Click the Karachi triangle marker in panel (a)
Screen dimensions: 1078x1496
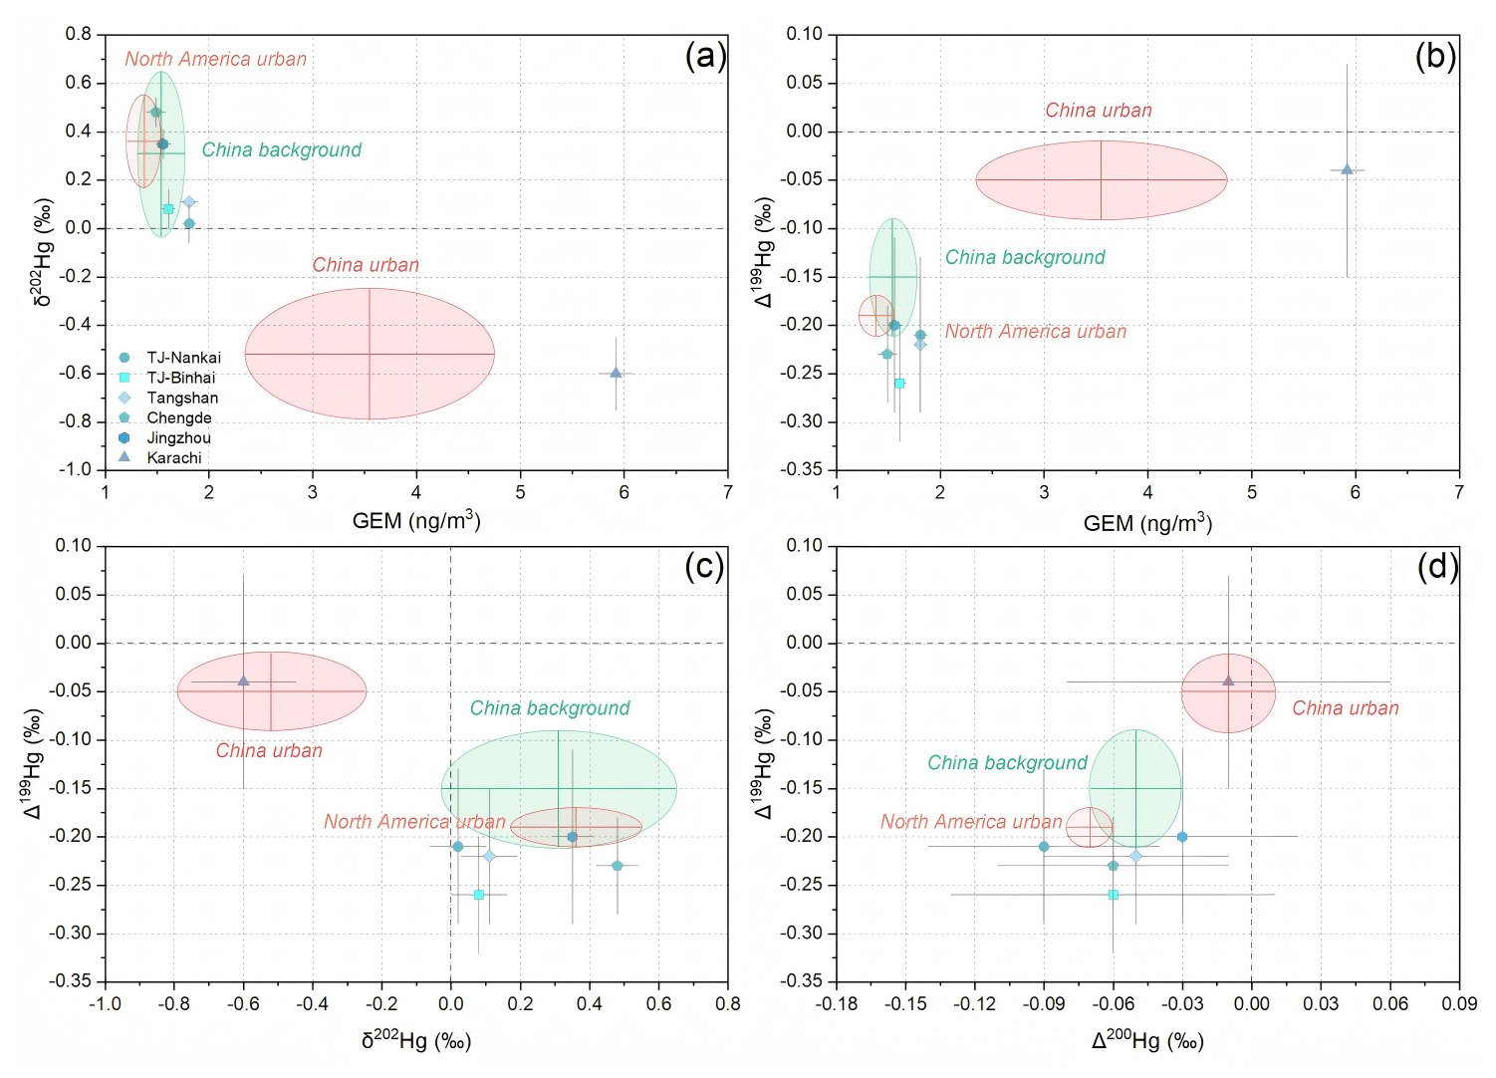tap(616, 373)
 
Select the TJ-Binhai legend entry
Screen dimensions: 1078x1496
tap(180, 378)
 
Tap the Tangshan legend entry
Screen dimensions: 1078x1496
tap(182, 398)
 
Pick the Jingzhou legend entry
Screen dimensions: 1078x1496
tap(178, 437)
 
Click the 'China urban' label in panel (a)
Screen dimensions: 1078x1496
tap(366, 265)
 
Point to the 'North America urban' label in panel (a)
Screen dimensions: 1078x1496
tap(215, 60)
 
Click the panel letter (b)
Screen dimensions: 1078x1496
tap(1435, 56)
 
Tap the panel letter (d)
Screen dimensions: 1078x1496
tap(1437, 567)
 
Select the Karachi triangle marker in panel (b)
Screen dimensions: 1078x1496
tap(1347, 169)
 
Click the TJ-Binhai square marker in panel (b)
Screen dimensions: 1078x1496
tap(899, 384)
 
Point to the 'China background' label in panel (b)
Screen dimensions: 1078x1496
tap(1025, 258)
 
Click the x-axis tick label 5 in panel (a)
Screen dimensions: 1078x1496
tap(520, 492)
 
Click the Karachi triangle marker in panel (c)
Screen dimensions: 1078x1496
tap(243, 680)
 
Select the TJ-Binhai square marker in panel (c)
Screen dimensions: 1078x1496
tap(479, 895)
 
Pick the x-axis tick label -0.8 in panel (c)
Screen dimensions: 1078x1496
tap(173, 1004)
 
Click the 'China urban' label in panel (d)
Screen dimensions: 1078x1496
tap(1345, 708)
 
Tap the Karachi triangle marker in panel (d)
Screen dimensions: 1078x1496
tap(1228, 680)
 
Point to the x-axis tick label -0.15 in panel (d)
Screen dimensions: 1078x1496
tap(905, 1004)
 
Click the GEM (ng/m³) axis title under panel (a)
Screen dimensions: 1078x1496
tap(416, 521)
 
